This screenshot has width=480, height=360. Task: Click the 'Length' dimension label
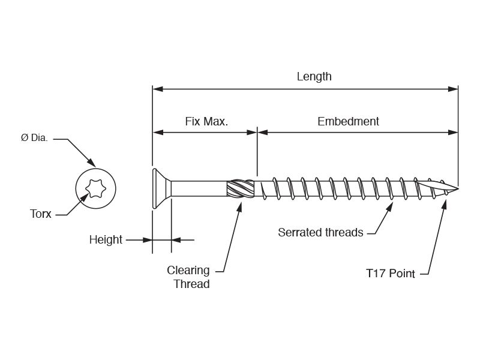pyautogui.click(x=314, y=77)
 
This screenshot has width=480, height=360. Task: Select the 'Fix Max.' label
pyautogui.click(x=206, y=121)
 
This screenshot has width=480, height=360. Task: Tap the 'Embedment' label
pyautogui.click(x=348, y=121)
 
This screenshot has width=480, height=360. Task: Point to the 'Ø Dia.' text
pyautogui.click(x=34, y=137)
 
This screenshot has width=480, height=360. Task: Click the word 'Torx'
pyautogui.click(x=41, y=214)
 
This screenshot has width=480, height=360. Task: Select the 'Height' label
pyautogui.click(x=106, y=240)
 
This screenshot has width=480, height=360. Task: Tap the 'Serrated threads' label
pyautogui.click(x=320, y=232)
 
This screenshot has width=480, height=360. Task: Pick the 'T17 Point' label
pyautogui.click(x=391, y=274)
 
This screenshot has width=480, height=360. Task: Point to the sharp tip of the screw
pyautogui.click(x=457, y=190)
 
